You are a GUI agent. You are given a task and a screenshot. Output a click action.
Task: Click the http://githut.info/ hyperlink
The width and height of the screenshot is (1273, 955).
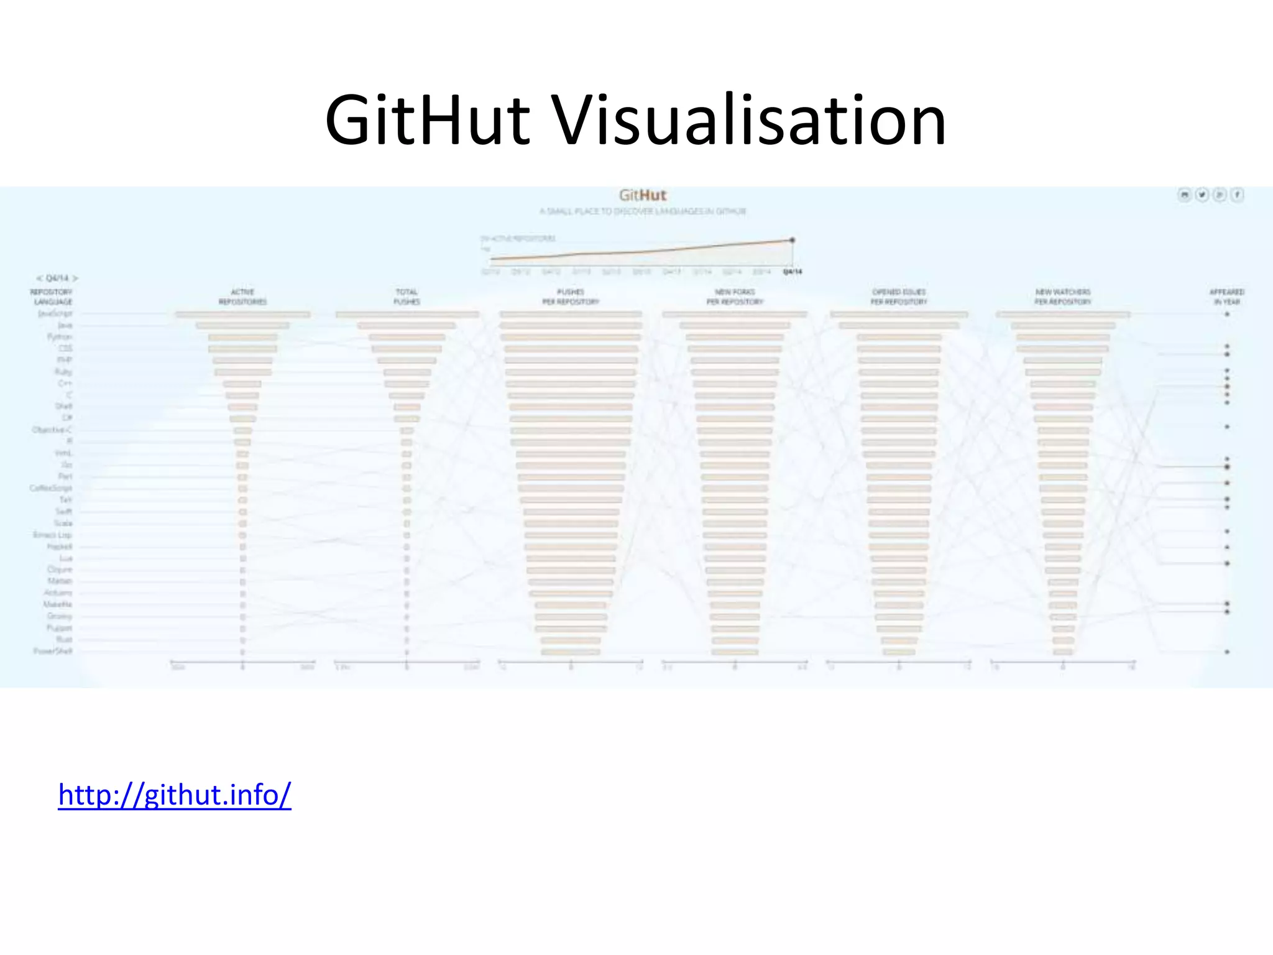pos(175,795)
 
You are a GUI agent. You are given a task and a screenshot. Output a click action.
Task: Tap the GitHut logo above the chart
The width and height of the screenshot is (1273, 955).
pos(643,195)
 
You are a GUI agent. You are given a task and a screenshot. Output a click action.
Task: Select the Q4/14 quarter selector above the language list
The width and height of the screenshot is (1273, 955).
pos(57,278)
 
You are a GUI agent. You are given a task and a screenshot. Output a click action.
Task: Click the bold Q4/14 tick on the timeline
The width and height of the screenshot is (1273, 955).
pos(793,272)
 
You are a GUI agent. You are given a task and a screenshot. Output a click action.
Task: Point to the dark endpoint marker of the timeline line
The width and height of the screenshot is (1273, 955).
pos(793,240)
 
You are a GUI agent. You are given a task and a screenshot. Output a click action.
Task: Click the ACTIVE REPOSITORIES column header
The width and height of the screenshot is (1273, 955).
pos(242,297)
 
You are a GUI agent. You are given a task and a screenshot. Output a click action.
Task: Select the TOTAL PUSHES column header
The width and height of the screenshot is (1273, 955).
pos(407,297)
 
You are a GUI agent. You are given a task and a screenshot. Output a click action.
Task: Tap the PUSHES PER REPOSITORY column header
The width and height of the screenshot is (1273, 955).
pos(571,297)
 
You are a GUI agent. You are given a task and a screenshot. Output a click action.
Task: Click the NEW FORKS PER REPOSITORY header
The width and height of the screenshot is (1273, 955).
pos(735,297)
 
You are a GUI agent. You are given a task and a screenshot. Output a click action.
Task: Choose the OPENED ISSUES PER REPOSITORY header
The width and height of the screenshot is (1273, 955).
pos(899,297)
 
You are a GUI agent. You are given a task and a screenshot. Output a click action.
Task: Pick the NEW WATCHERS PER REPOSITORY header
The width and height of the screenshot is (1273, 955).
pos(1063,297)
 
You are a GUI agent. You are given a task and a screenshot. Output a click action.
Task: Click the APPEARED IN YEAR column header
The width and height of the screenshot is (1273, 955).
pos(1227,297)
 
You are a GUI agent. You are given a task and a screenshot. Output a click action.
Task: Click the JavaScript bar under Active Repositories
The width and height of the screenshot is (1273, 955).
pos(242,315)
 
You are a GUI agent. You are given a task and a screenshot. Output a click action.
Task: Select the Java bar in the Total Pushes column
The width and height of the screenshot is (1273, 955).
pos(407,326)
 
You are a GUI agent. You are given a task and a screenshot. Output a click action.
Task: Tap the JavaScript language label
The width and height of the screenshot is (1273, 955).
pos(55,314)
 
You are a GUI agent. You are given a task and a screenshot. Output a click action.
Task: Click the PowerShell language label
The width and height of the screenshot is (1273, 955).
pos(53,651)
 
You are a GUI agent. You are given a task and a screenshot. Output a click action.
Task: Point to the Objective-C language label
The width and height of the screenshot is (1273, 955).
pos(52,430)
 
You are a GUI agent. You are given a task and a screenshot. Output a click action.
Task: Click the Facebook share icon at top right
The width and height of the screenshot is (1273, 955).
pos(1238,195)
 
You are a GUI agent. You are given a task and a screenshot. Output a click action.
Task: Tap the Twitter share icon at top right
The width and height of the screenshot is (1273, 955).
pos(1202,195)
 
